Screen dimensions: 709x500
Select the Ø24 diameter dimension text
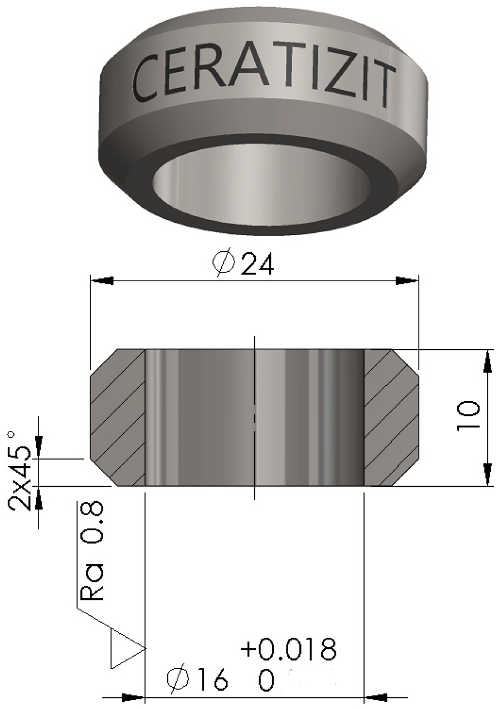(x=244, y=263)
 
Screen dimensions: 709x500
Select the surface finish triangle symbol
(x=125, y=648)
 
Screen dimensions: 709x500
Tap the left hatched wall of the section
(x=118, y=418)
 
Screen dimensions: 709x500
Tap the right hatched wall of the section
(x=391, y=418)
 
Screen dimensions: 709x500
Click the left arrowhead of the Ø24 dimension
(x=103, y=281)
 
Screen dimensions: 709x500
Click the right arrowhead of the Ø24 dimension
(x=406, y=281)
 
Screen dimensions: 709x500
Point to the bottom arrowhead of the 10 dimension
(x=488, y=475)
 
